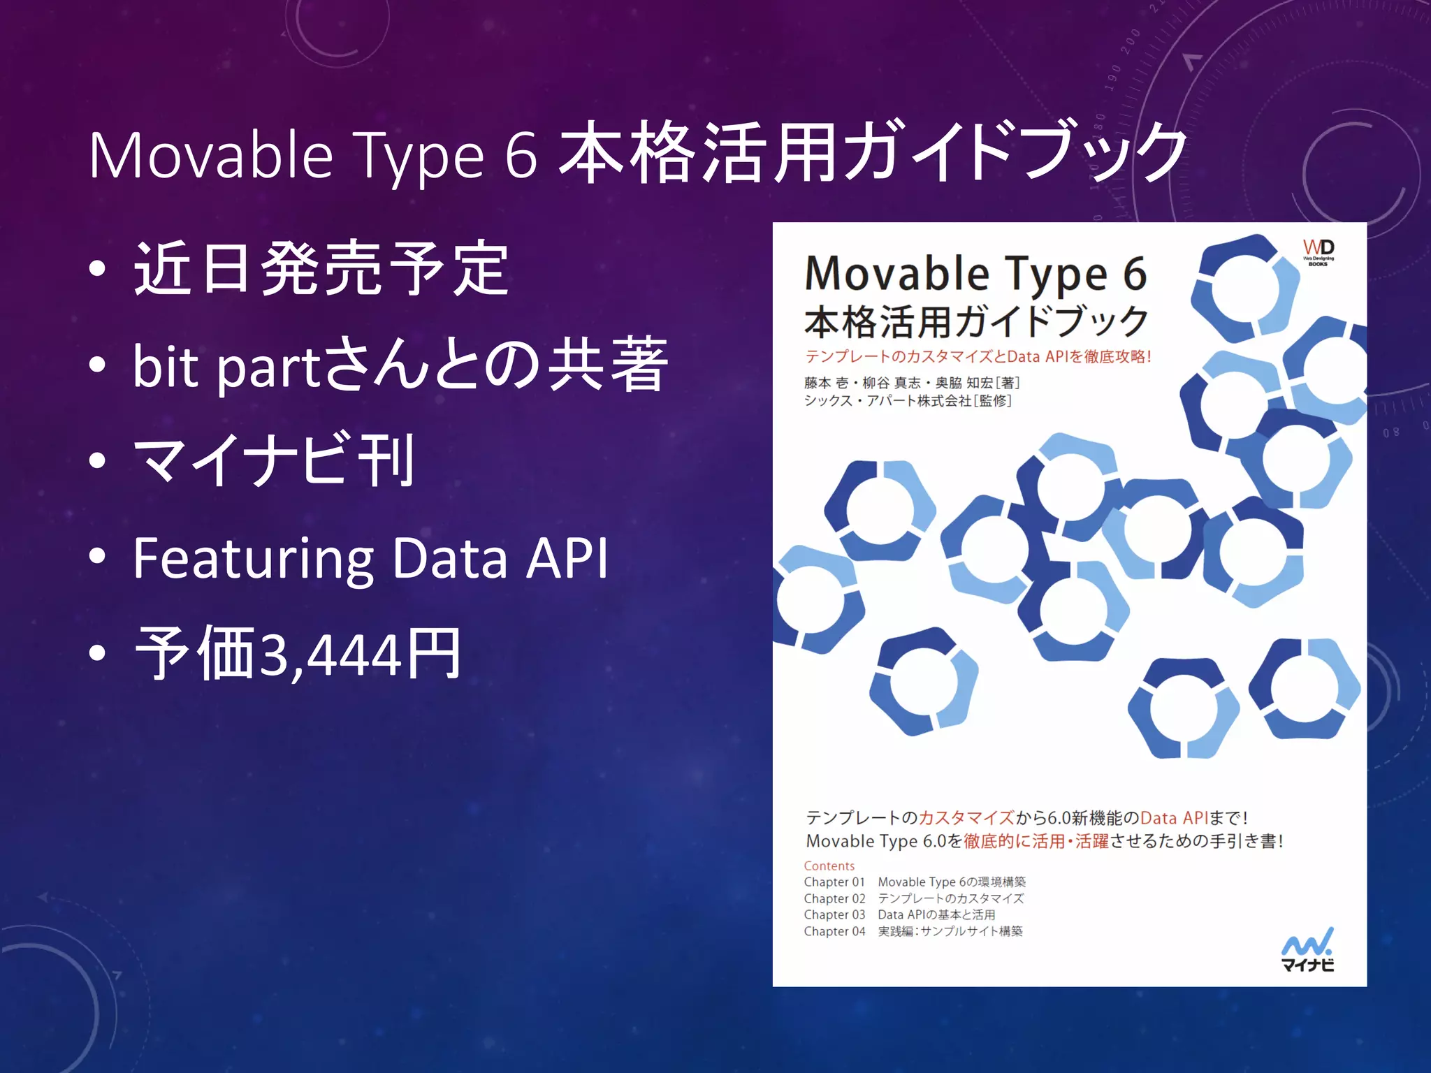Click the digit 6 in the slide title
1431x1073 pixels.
[x=521, y=155]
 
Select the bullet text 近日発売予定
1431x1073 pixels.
[x=321, y=268]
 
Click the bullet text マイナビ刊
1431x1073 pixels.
[x=275, y=460]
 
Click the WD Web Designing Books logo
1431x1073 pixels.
[x=1318, y=252]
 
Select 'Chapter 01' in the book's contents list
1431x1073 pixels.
[x=834, y=882]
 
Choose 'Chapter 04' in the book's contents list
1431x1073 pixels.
[x=834, y=931]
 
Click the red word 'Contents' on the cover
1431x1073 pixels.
[x=829, y=866]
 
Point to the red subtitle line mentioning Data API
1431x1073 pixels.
[x=978, y=356]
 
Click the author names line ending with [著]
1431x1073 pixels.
[x=912, y=383]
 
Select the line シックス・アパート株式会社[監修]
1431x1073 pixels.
[x=908, y=401]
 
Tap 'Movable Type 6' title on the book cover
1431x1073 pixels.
[x=975, y=273]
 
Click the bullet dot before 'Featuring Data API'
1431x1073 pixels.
[x=98, y=557]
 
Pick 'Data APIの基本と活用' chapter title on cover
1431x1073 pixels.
[x=936, y=914]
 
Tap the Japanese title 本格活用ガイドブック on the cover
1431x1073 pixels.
[x=975, y=322]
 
